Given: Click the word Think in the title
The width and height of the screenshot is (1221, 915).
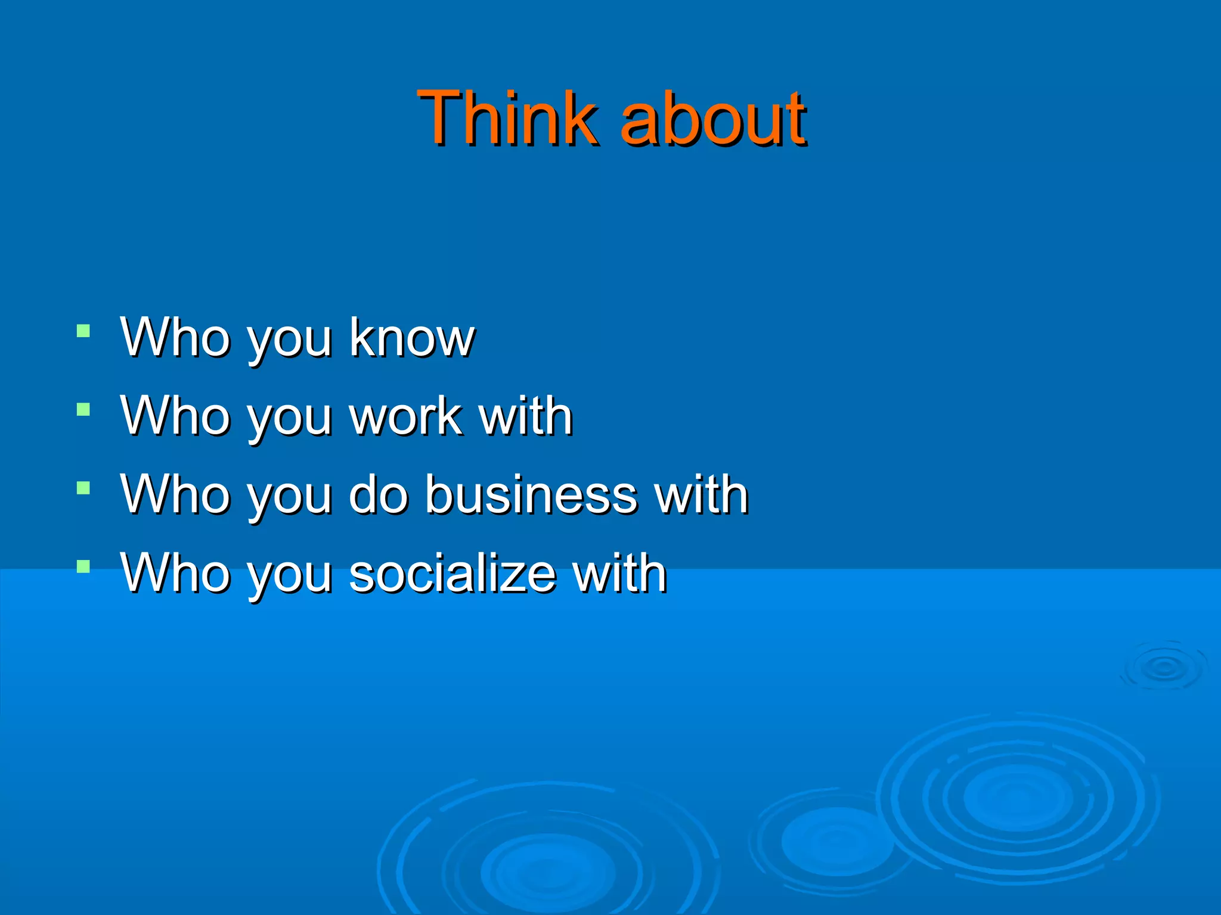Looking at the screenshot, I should click(507, 117).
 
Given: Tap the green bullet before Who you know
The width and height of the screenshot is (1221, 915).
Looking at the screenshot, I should click(83, 331).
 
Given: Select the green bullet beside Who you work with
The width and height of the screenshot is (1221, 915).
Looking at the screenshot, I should click(83, 409).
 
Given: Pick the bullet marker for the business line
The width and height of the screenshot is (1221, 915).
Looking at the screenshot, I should click(83, 488).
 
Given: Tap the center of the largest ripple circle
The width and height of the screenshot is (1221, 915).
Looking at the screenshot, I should click(1017, 798).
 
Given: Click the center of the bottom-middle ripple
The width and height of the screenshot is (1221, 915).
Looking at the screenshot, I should click(547, 873).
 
